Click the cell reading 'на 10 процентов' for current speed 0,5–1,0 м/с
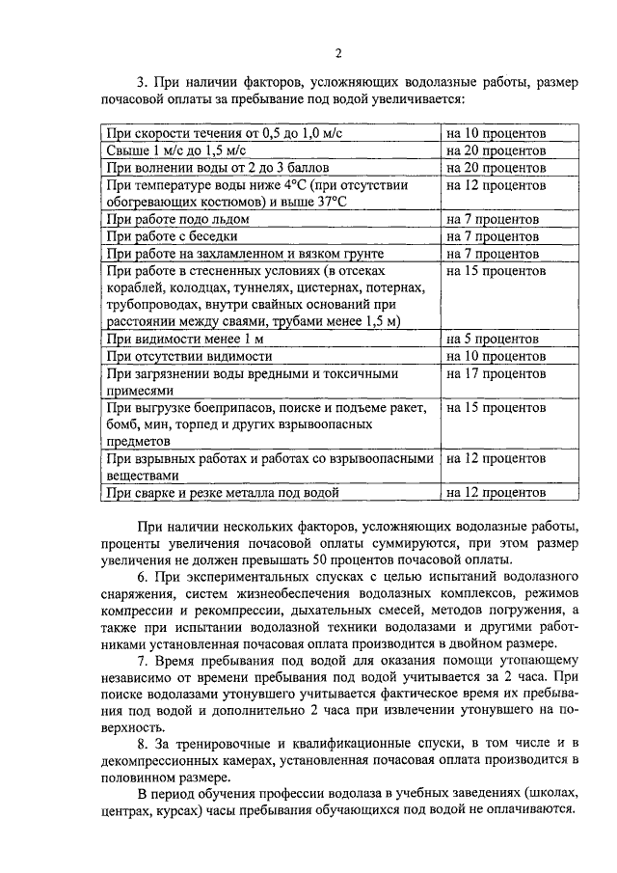[x=496, y=133]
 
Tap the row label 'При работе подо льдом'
[x=178, y=219]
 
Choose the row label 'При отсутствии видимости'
[x=187, y=357]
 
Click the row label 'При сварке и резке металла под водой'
[x=223, y=494]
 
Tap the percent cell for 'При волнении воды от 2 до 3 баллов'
[x=496, y=168]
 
